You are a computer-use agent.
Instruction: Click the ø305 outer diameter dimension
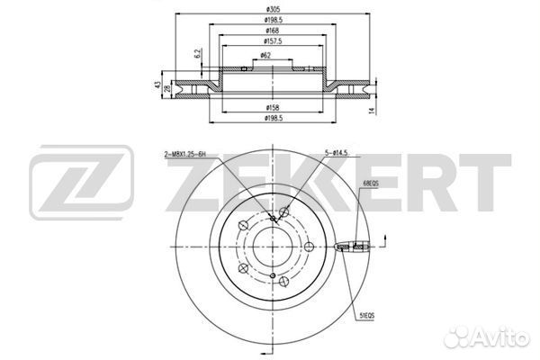pyautogui.click(x=271, y=7)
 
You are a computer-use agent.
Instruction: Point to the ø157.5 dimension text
pyautogui.click(x=271, y=40)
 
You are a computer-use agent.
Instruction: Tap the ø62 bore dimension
pyautogui.click(x=267, y=55)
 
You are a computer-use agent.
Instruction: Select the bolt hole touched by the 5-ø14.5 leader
pyautogui.click(x=284, y=212)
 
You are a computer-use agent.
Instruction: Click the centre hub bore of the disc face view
pyautogui.click(x=271, y=247)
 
